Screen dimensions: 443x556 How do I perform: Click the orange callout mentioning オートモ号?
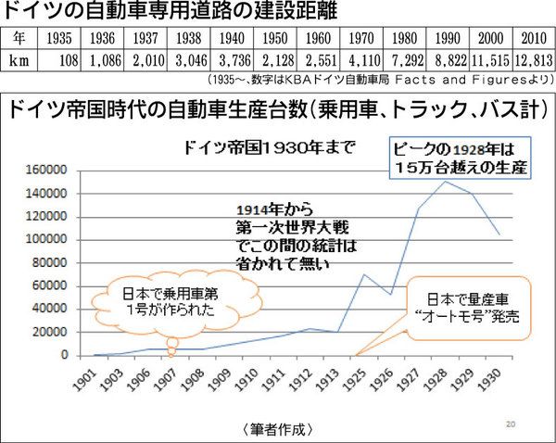(x=466, y=307)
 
